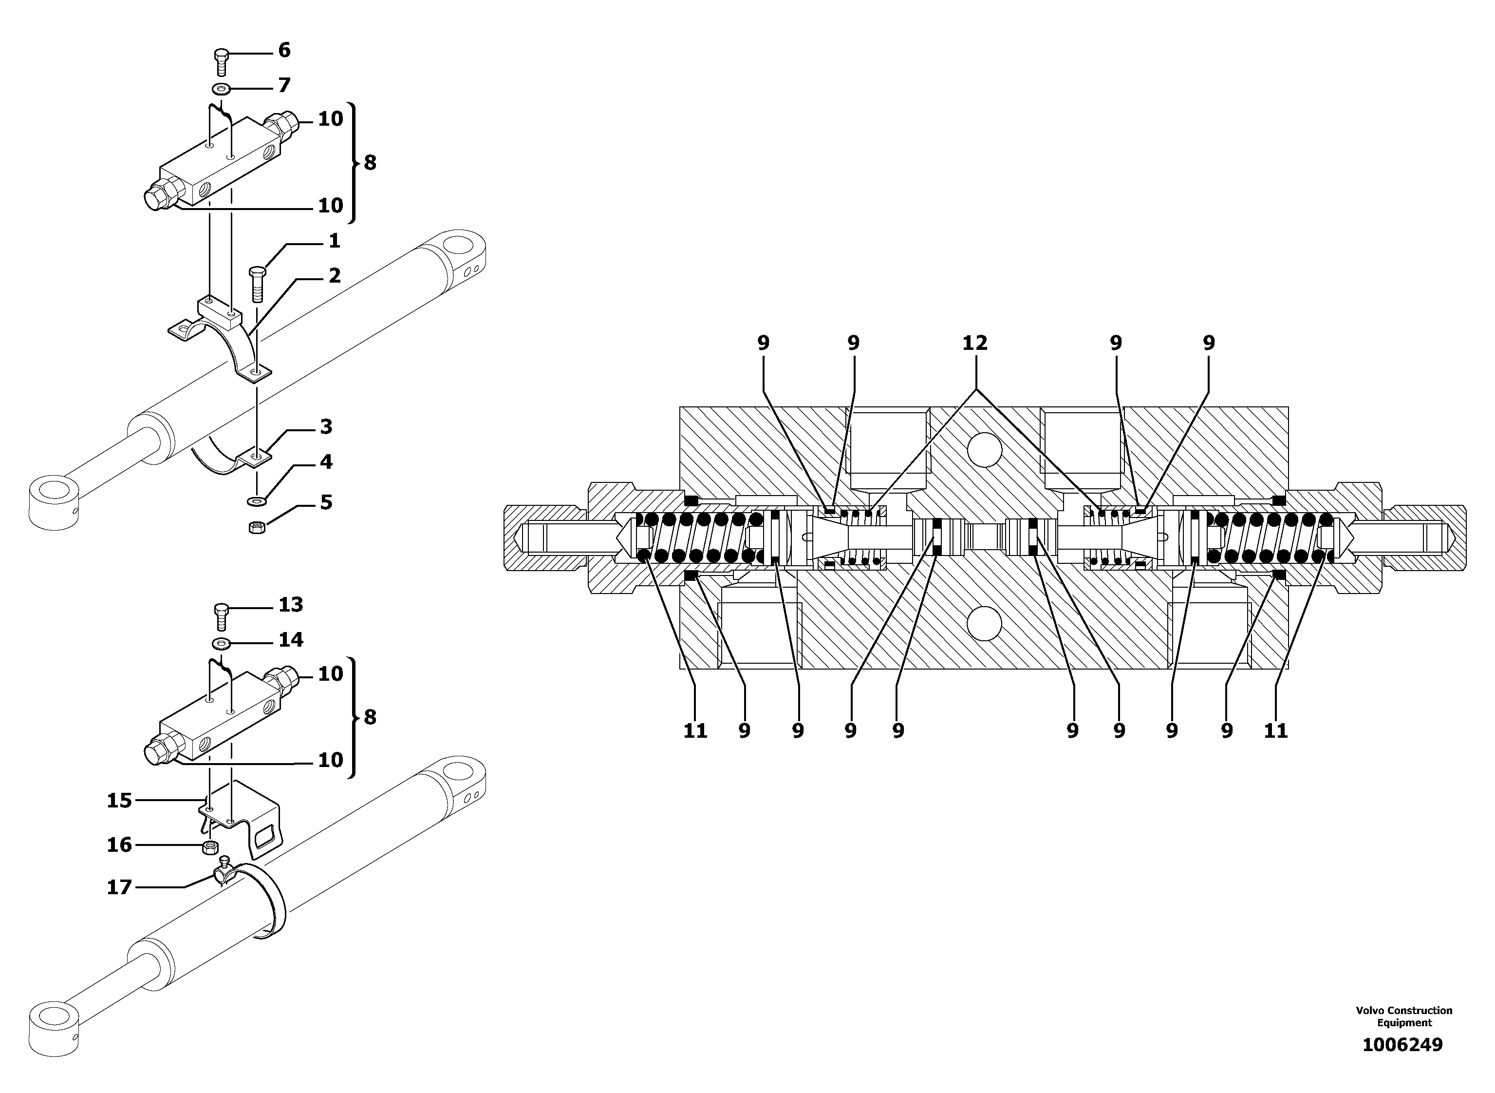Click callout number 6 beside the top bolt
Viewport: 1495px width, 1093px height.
pyautogui.click(x=283, y=50)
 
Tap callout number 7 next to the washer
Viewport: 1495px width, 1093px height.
pyautogui.click(x=283, y=85)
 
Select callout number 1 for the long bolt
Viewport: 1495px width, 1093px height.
pyautogui.click(x=334, y=241)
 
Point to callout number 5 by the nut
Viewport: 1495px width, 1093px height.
pyautogui.click(x=325, y=502)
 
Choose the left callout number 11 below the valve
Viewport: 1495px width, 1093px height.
pyautogui.click(x=695, y=730)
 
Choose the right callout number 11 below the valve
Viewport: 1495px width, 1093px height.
pyautogui.click(x=1275, y=730)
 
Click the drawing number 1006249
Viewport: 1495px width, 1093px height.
pyautogui.click(x=1402, y=1044)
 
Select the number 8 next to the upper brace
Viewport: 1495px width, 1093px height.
pyautogui.click(x=370, y=162)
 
